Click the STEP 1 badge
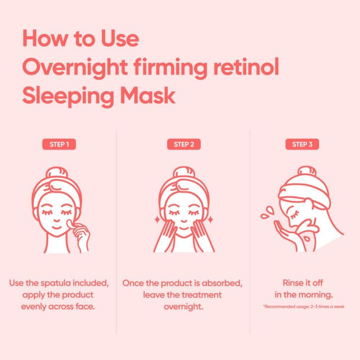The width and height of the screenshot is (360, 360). click(59, 144)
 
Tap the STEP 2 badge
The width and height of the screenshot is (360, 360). click(184, 144)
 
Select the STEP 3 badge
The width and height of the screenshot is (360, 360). click(302, 144)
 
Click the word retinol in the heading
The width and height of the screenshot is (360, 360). click(246, 67)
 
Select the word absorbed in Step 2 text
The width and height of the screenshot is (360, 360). click(222, 283)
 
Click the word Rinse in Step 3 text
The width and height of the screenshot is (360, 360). click(291, 283)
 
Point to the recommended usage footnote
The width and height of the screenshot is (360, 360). click(304, 306)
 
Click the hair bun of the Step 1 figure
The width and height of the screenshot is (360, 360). click(57, 173)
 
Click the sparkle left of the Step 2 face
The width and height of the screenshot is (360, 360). click(157, 220)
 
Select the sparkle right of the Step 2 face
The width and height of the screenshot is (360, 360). click(211, 220)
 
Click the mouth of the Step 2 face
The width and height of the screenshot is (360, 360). click(183, 228)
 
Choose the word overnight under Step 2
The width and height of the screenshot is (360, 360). click(184, 307)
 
